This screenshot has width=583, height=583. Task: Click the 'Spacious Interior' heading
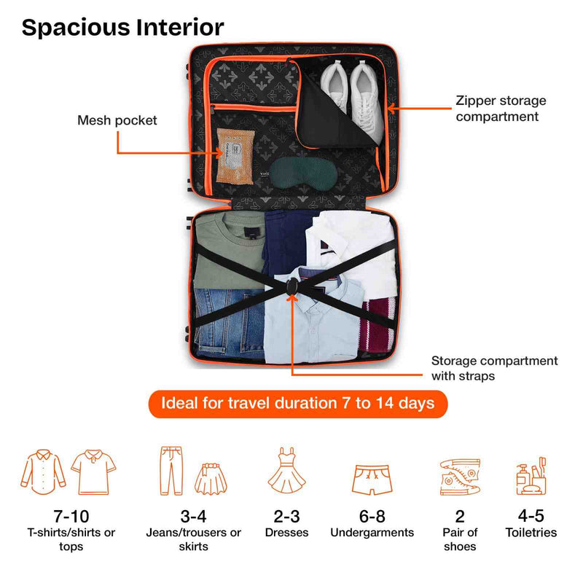coord(122,28)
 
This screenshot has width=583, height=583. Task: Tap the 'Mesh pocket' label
coord(117,120)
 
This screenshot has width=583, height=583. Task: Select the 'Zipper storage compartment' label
coord(501,108)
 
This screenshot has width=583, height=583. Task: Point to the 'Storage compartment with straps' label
coord(495,368)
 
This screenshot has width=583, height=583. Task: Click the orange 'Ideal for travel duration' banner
coord(298,404)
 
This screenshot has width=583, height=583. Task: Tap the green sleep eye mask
coord(303,172)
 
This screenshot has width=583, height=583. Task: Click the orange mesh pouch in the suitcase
coord(235,156)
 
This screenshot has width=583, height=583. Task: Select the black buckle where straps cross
coord(292,287)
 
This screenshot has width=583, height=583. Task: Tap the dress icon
coord(286,471)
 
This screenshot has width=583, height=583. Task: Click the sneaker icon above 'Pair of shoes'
coord(460,477)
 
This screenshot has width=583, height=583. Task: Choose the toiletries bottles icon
coord(531,477)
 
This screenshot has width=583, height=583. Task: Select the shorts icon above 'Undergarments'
coord(372,480)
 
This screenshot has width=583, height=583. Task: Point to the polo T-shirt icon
coord(94,472)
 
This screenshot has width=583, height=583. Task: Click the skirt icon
coord(211,479)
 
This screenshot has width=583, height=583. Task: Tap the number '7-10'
coord(71,517)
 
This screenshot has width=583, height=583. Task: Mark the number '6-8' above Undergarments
coord(372,517)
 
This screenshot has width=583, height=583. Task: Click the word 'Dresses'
coord(286,533)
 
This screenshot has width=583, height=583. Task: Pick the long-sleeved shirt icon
coord(43,472)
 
